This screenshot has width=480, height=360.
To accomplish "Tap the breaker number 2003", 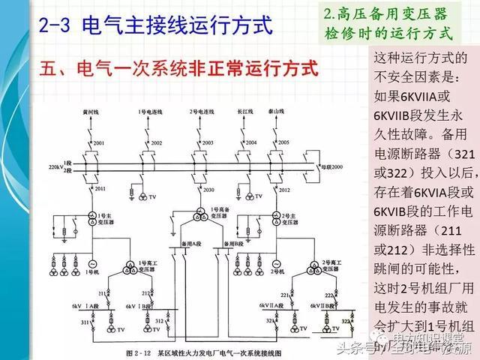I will pos(208,142).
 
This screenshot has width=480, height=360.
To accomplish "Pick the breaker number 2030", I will pos(208,190).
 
